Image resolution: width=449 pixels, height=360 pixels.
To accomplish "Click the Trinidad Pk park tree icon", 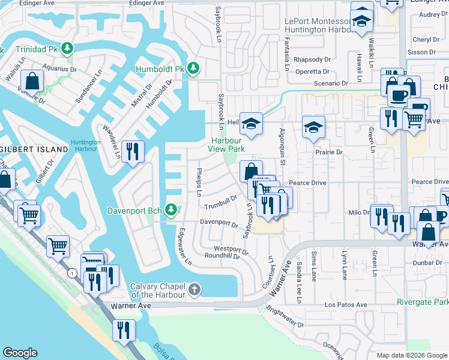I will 69,48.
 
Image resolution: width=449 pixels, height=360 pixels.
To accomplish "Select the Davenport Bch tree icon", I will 172,209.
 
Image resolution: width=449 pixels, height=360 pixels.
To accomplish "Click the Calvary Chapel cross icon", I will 194,290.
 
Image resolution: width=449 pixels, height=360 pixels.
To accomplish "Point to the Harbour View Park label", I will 226,144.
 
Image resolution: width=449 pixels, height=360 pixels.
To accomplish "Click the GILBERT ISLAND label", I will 35,149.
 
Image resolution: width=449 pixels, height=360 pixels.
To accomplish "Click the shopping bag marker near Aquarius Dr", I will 31,80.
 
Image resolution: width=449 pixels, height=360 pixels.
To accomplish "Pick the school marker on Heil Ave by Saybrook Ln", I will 252,122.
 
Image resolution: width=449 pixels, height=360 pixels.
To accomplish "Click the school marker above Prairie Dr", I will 313,126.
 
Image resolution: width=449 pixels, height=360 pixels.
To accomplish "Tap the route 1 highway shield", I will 73,273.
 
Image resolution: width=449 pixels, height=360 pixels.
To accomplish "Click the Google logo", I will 20,353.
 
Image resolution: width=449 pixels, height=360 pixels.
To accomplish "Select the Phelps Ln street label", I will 199,182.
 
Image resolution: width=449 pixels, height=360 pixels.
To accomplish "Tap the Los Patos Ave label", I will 346,305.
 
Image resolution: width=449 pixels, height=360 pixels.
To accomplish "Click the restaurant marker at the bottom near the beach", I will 124,329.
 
